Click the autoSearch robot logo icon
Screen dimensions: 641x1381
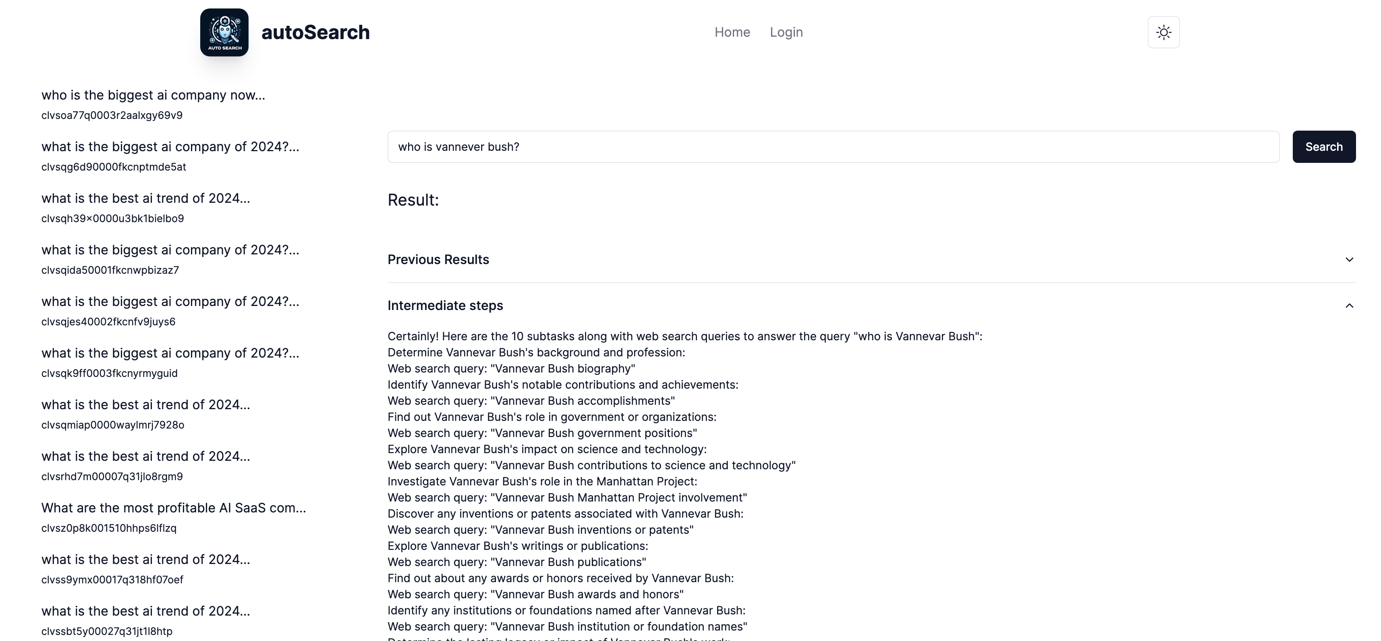(x=224, y=32)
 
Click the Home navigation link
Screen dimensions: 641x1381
(x=732, y=32)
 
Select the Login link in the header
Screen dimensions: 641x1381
(x=786, y=32)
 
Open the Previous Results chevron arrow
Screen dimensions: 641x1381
(x=1349, y=260)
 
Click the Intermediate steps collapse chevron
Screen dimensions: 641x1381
(x=1349, y=306)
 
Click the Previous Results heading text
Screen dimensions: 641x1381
(x=438, y=260)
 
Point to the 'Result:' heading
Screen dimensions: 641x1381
(x=413, y=200)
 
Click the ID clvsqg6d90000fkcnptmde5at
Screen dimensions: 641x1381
(x=114, y=167)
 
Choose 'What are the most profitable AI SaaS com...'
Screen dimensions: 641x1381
(x=174, y=508)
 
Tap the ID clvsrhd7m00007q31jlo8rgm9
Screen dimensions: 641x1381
(x=112, y=477)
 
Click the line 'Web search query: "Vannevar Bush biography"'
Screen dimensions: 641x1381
(x=511, y=368)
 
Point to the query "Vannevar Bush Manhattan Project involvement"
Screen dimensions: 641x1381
(x=567, y=498)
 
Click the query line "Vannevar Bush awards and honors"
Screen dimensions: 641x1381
(x=535, y=594)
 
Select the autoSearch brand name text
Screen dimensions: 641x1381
(x=315, y=32)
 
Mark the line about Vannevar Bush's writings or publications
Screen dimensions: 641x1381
(x=517, y=546)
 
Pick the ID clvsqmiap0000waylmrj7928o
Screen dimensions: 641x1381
(x=112, y=425)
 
